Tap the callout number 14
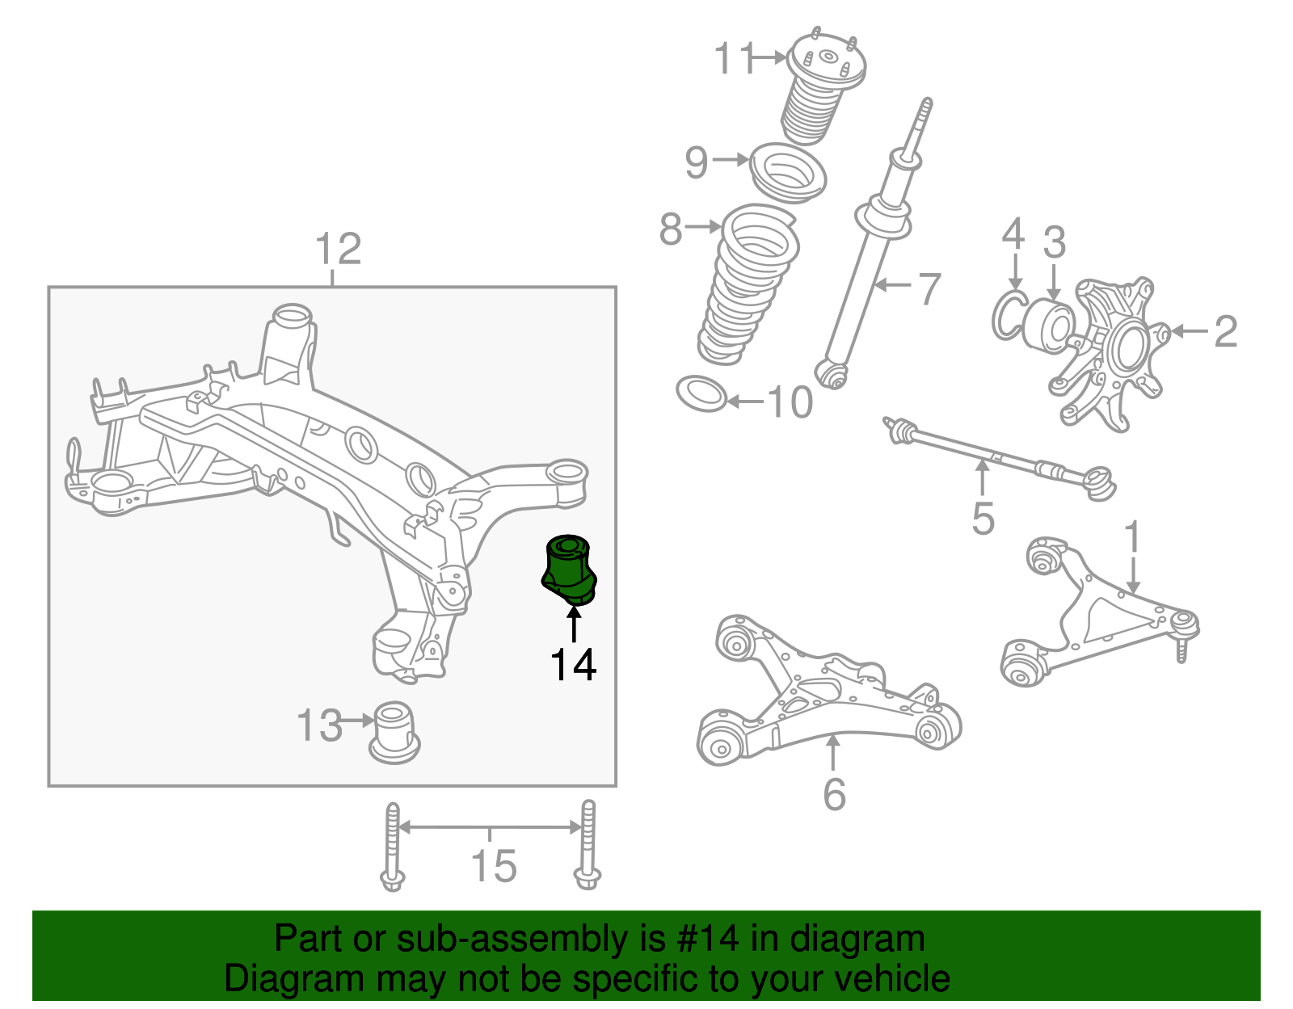click(573, 665)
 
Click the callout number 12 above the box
click(338, 249)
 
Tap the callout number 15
click(494, 867)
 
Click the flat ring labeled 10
click(701, 393)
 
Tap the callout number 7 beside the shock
click(930, 288)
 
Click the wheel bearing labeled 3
click(1048, 327)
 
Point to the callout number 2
click(1226, 331)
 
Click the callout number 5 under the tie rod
click(983, 518)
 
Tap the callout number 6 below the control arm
click(834, 793)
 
